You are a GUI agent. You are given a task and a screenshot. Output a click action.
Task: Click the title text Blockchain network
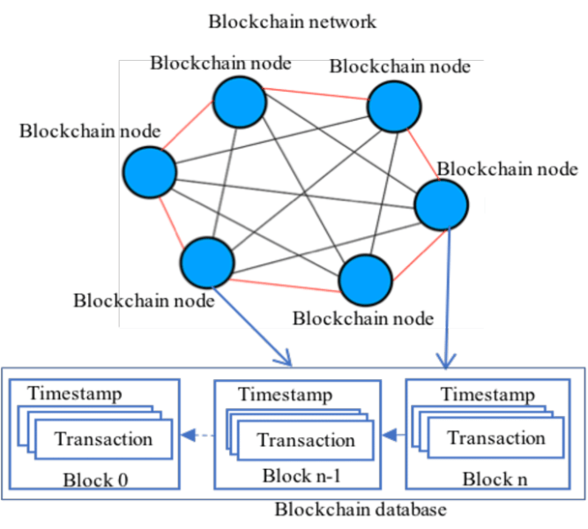(x=292, y=21)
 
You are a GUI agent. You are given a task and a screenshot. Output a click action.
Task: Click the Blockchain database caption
(x=361, y=510)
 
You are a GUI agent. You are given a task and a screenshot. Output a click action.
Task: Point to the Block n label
(x=488, y=480)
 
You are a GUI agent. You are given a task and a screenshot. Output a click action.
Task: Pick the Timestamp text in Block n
(x=487, y=394)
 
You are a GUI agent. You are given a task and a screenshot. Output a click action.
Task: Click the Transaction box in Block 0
(x=103, y=438)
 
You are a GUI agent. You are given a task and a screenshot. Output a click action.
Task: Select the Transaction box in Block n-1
(x=306, y=440)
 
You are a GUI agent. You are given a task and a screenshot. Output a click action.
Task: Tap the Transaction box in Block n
(x=495, y=437)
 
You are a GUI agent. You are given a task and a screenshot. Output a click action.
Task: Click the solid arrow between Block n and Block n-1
(x=393, y=434)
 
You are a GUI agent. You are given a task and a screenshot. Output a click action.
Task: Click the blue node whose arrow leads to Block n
(x=441, y=205)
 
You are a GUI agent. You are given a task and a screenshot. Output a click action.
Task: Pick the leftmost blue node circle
(x=149, y=171)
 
